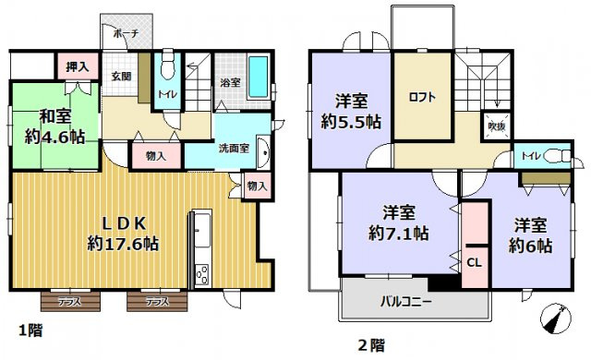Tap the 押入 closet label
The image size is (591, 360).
(x=78, y=66)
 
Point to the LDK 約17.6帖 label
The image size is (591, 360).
(x=123, y=233)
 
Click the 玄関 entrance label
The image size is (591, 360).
(x=121, y=76)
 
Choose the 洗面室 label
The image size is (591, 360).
(x=234, y=147)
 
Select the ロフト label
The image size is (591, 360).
(x=422, y=97)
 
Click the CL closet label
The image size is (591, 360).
(x=474, y=261)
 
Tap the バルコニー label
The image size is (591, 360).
(x=407, y=300)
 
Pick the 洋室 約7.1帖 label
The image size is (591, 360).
(x=397, y=222)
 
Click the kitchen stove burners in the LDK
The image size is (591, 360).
(x=201, y=273)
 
